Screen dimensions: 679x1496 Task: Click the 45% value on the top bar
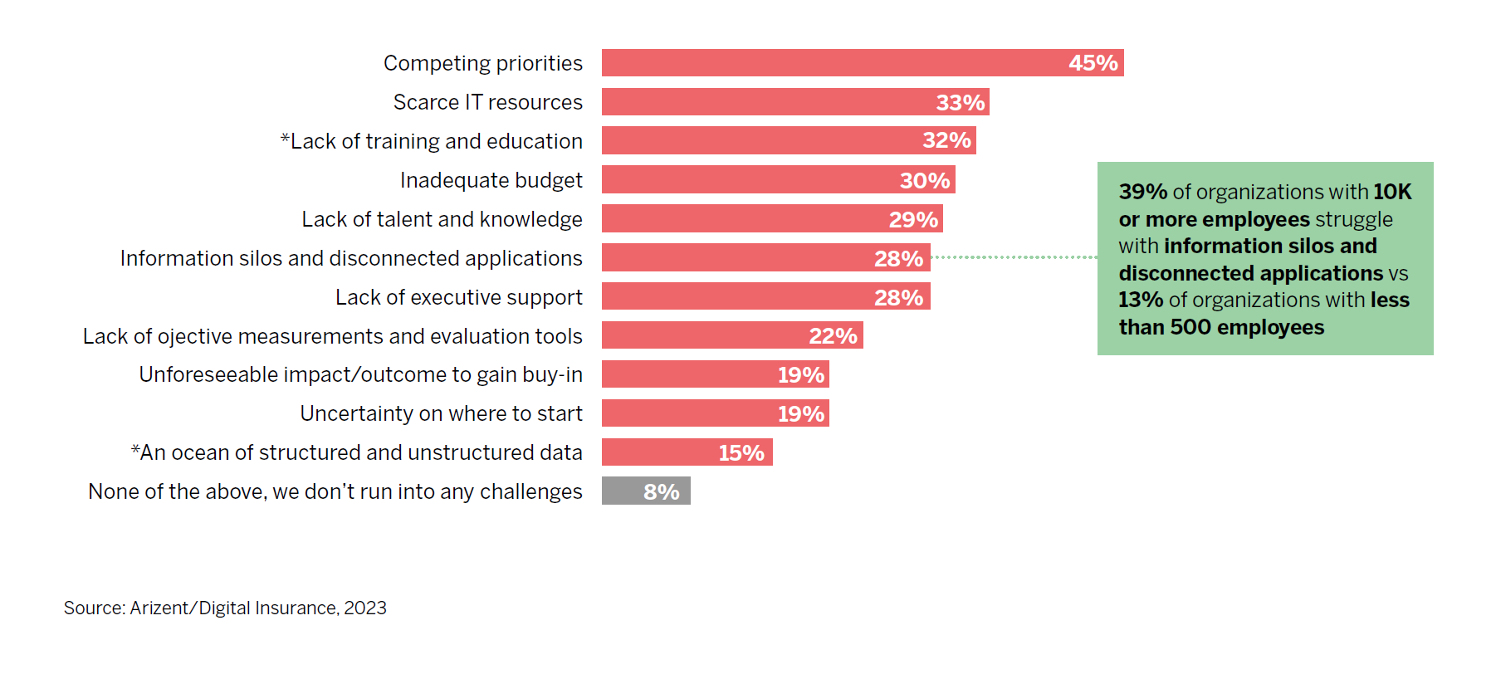pyautogui.click(x=1093, y=63)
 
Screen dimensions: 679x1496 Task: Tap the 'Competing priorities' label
pyautogui.click(x=482, y=63)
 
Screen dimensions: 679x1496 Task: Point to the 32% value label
pyautogui.click(x=946, y=140)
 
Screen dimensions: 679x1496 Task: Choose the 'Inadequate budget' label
pyautogui.click(x=491, y=180)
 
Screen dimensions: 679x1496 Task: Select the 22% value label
pyautogui.click(x=833, y=336)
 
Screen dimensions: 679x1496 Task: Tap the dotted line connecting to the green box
pyautogui.click(x=1013, y=257)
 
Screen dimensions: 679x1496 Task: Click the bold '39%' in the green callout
pyautogui.click(x=1142, y=192)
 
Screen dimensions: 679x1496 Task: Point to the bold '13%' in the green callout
pyautogui.click(x=1141, y=300)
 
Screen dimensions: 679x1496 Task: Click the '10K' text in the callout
pyautogui.click(x=1391, y=192)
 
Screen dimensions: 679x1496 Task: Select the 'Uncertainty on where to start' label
pyautogui.click(x=441, y=413)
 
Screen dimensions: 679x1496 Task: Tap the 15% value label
pyautogui.click(x=741, y=453)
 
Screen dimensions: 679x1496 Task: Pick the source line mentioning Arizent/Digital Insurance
pyautogui.click(x=225, y=608)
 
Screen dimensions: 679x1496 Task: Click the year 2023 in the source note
pyautogui.click(x=365, y=608)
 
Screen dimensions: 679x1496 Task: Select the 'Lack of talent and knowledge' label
pyautogui.click(x=442, y=219)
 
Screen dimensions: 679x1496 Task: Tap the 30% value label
pyautogui.click(x=924, y=180)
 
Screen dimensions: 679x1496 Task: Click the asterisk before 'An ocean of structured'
pyautogui.click(x=134, y=449)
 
